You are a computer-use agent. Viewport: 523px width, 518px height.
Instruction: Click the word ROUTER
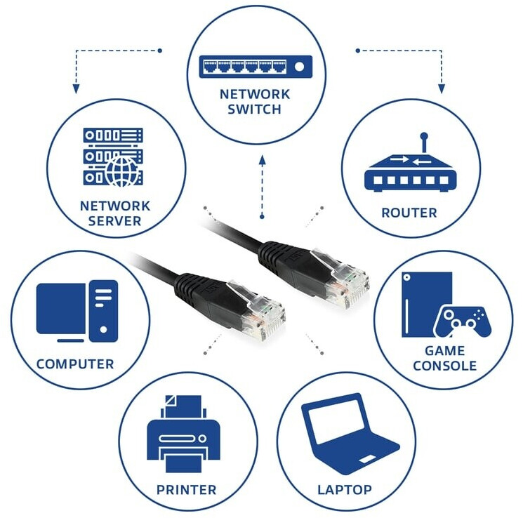pyautogui.click(x=409, y=213)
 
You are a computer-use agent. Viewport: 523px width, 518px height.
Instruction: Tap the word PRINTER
pyautogui.click(x=187, y=490)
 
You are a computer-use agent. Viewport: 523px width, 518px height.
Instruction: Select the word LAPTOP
pyautogui.click(x=345, y=490)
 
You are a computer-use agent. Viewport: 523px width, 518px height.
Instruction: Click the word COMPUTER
pyautogui.click(x=75, y=364)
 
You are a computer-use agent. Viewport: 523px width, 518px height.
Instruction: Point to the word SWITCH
pyautogui.click(x=255, y=109)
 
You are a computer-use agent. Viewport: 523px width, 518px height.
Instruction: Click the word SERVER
pyautogui.click(x=114, y=221)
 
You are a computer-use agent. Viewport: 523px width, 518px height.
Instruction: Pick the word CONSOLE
pyautogui.click(x=444, y=366)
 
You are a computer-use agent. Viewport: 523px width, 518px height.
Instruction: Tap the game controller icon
pyautogui.click(x=463, y=321)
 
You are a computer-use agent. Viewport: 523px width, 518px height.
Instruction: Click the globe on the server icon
pyautogui.click(x=121, y=171)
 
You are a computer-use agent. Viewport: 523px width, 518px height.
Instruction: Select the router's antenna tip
pyautogui.click(x=424, y=135)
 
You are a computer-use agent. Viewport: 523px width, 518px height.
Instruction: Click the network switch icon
pyautogui.click(x=256, y=67)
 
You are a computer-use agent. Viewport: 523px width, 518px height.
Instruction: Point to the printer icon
pyautogui.click(x=183, y=434)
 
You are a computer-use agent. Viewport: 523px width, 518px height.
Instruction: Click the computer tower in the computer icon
pyautogui.click(x=103, y=311)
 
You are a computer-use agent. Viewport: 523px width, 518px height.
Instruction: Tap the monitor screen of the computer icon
pyautogui.click(x=60, y=309)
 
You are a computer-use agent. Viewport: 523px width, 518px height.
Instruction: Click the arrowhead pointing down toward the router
pyautogui.click(x=442, y=88)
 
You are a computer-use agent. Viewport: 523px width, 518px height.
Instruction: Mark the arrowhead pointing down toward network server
pyautogui.click(x=76, y=88)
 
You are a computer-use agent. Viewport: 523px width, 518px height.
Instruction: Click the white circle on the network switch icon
pyautogui.click(x=300, y=67)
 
